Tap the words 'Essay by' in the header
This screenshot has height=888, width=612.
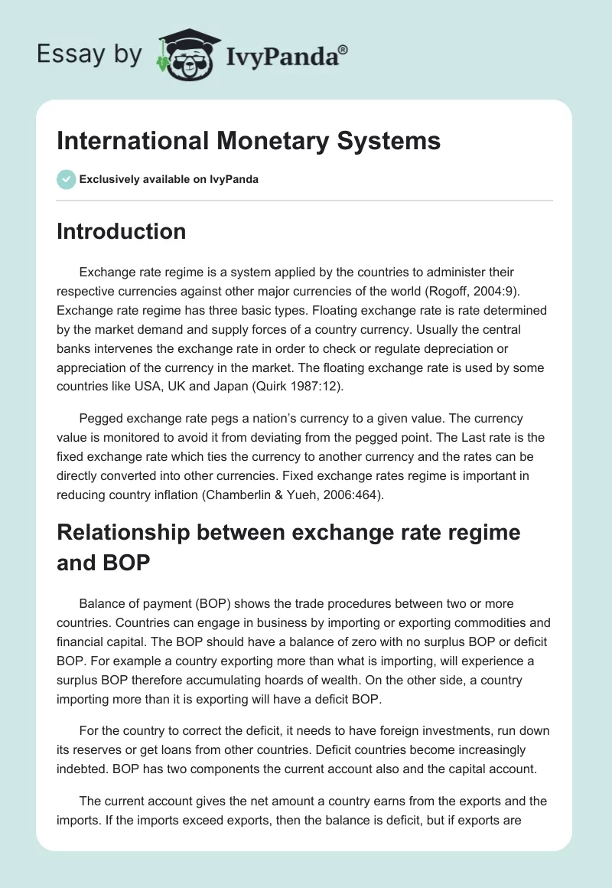pos(90,54)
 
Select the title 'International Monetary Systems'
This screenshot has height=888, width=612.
pos(249,141)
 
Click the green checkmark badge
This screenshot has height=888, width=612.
pos(67,179)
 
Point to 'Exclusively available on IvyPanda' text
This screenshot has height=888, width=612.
pos(169,179)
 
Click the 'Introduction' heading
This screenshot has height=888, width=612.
pos(121,231)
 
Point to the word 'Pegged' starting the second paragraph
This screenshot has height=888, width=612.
pos(101,419)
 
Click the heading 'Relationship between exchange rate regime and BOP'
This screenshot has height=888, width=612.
pos(288,547)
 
